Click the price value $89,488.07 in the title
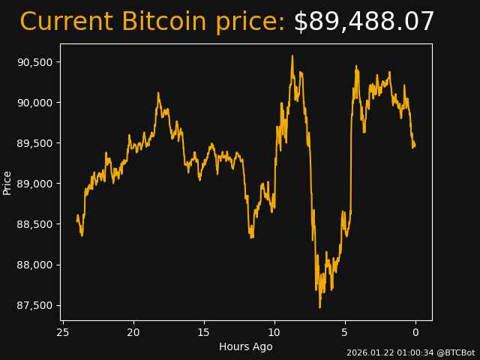click(x=364, y=22)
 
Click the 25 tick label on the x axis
click(x=63, y=332)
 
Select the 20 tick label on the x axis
click(x=133, y=332)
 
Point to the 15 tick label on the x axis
click(x=204, y=332)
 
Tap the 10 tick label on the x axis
click(x=274, y=332)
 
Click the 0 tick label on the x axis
click(x=415, y=332)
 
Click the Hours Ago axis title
click(x=246, y=346)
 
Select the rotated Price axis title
click(x=7, y=182)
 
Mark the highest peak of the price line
click(x=292, y=56)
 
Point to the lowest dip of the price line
click(x=319, y=307)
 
